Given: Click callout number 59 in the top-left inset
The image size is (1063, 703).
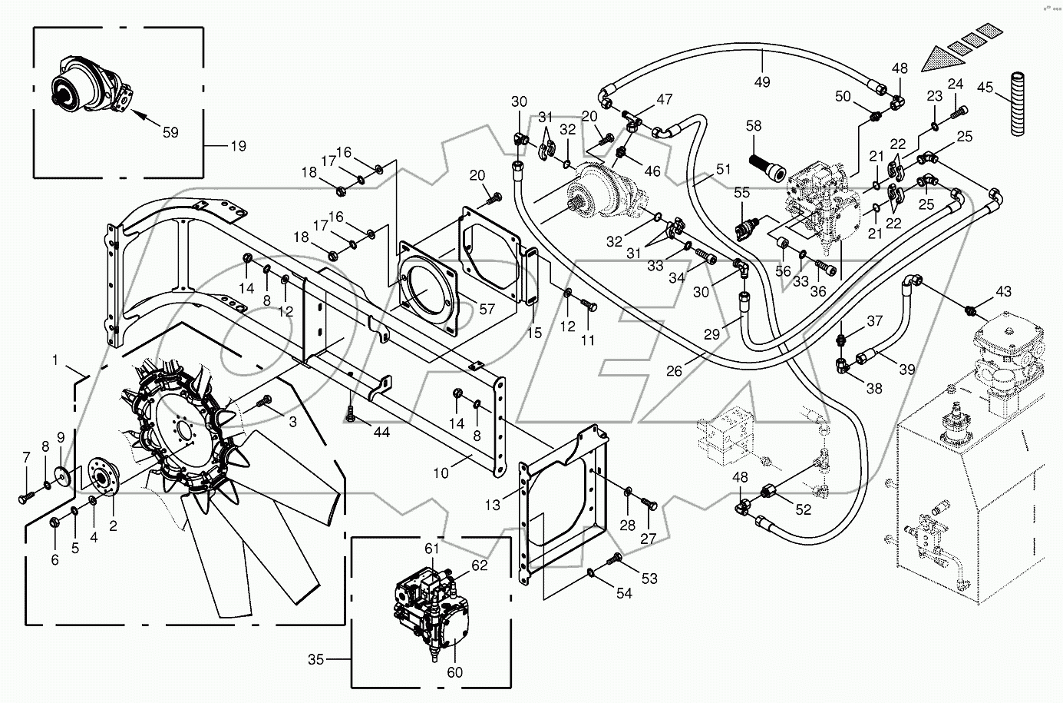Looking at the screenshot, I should [170, 132].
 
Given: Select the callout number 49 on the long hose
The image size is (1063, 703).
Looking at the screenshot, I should [762, 81].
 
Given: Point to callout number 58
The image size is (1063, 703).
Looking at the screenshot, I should [754, 125].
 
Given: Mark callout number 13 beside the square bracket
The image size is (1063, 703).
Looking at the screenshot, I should [492, 504].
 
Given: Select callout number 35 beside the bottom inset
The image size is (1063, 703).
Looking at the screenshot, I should [316, 658].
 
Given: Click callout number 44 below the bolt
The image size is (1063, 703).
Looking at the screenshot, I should [381, 433].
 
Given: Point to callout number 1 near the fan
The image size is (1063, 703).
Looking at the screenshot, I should [55, 359].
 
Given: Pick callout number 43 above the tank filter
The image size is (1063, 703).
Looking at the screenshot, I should [1003, 292].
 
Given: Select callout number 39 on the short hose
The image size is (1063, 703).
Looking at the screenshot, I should [906, 370].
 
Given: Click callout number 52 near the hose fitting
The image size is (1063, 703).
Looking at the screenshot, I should [803, 509].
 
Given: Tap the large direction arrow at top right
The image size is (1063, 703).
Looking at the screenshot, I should [949, 58].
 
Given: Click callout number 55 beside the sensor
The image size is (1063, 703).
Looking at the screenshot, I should [741, 194].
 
